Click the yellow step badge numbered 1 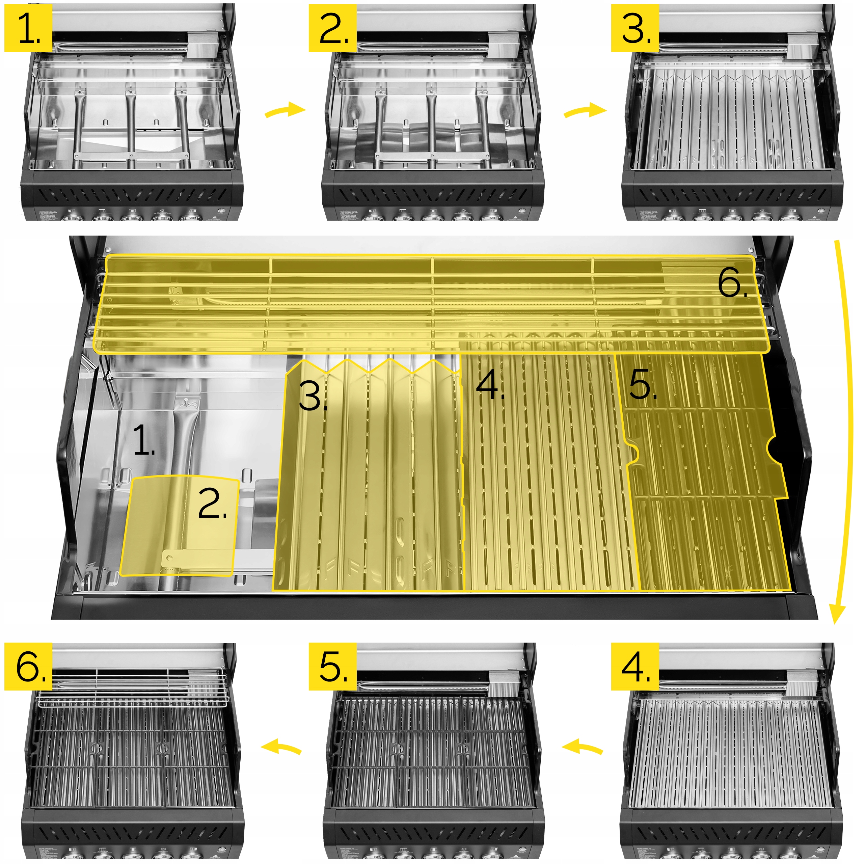(28, 28)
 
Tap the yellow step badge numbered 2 (332, 28)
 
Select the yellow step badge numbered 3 (635, 28)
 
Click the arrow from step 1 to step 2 (285, 110)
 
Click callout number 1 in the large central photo (144, 440)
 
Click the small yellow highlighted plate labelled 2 (179, 525)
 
